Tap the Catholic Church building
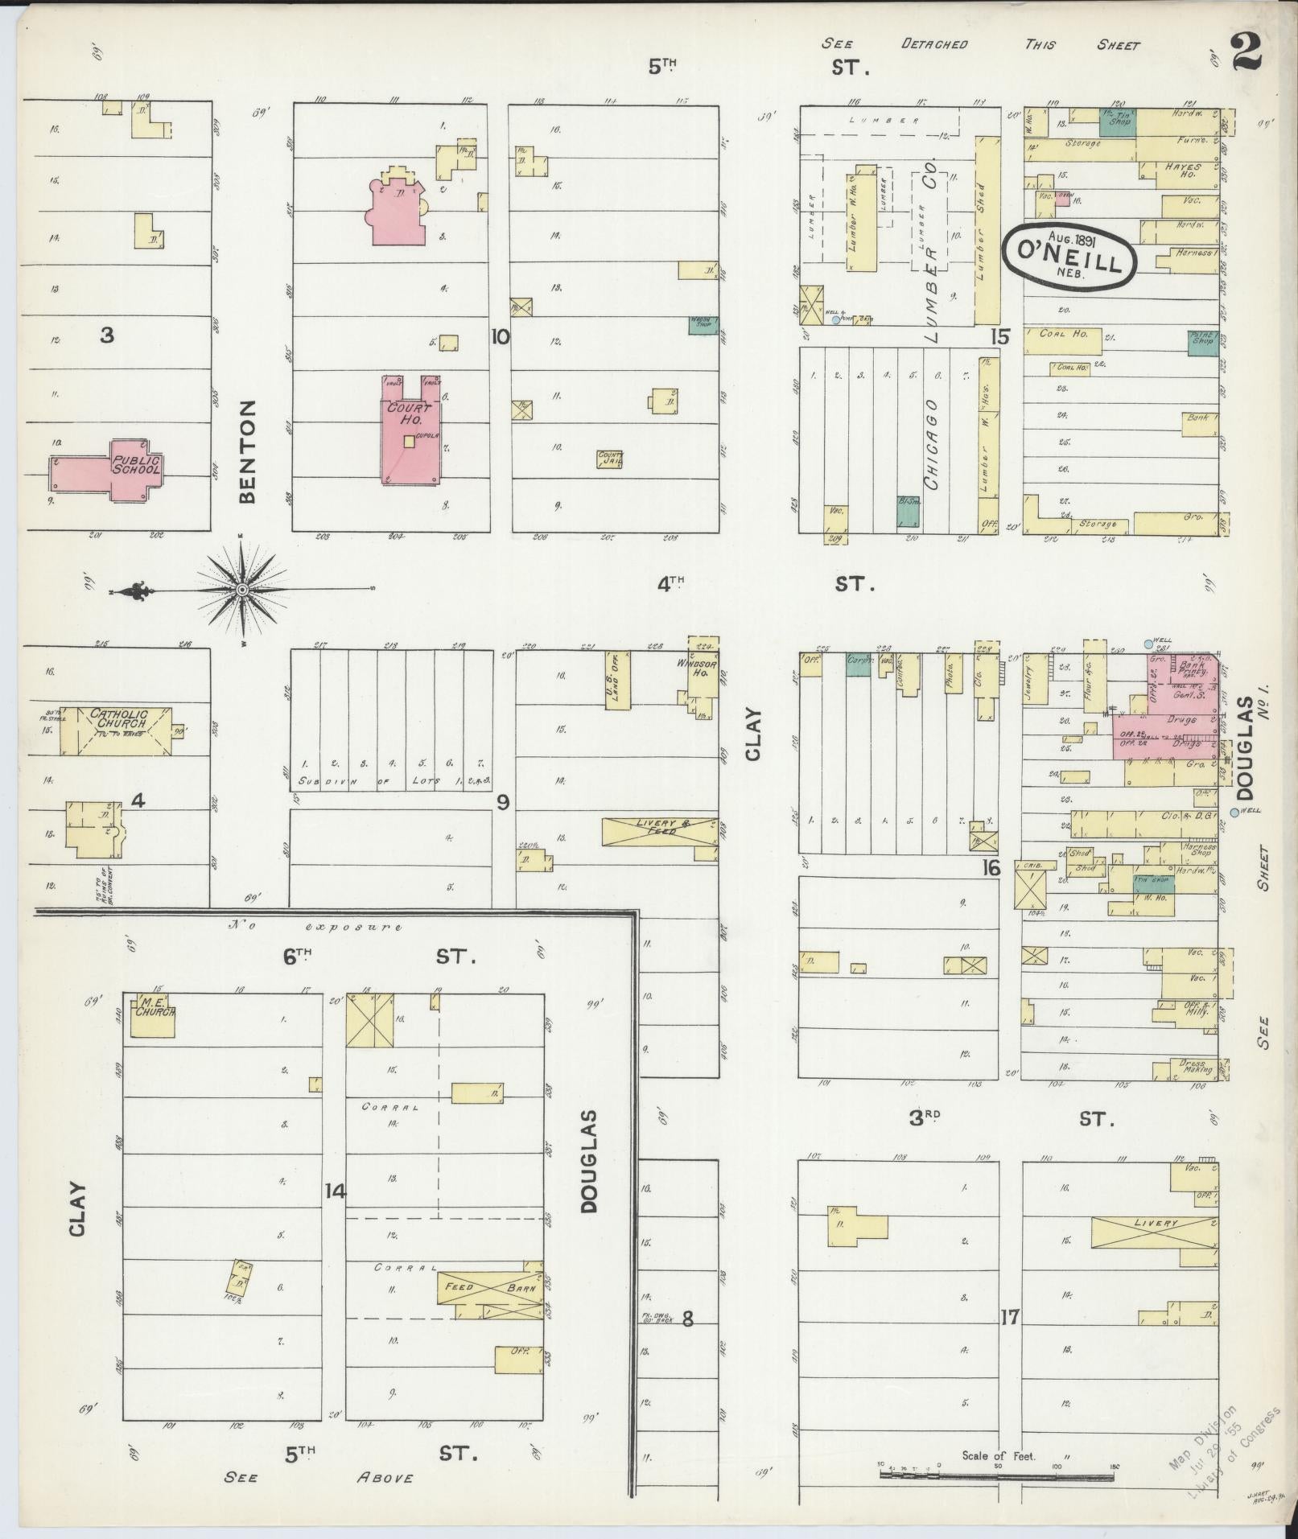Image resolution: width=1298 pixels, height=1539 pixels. point(117,730)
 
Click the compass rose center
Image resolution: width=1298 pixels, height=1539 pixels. point(241,590)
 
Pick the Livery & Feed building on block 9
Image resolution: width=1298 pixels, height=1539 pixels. point(659,831)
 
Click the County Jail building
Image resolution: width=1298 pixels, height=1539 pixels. point(609,459)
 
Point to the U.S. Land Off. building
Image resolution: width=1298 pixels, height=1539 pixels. point(616,680)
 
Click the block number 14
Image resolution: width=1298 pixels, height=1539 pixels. point(335,1191)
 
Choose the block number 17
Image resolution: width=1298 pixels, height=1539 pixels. point(1010,1317)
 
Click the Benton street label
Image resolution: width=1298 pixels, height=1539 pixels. point(247,451)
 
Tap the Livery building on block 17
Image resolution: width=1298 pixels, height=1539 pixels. point(1154,1232)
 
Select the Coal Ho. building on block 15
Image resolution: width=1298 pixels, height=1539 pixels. point(1062,340)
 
